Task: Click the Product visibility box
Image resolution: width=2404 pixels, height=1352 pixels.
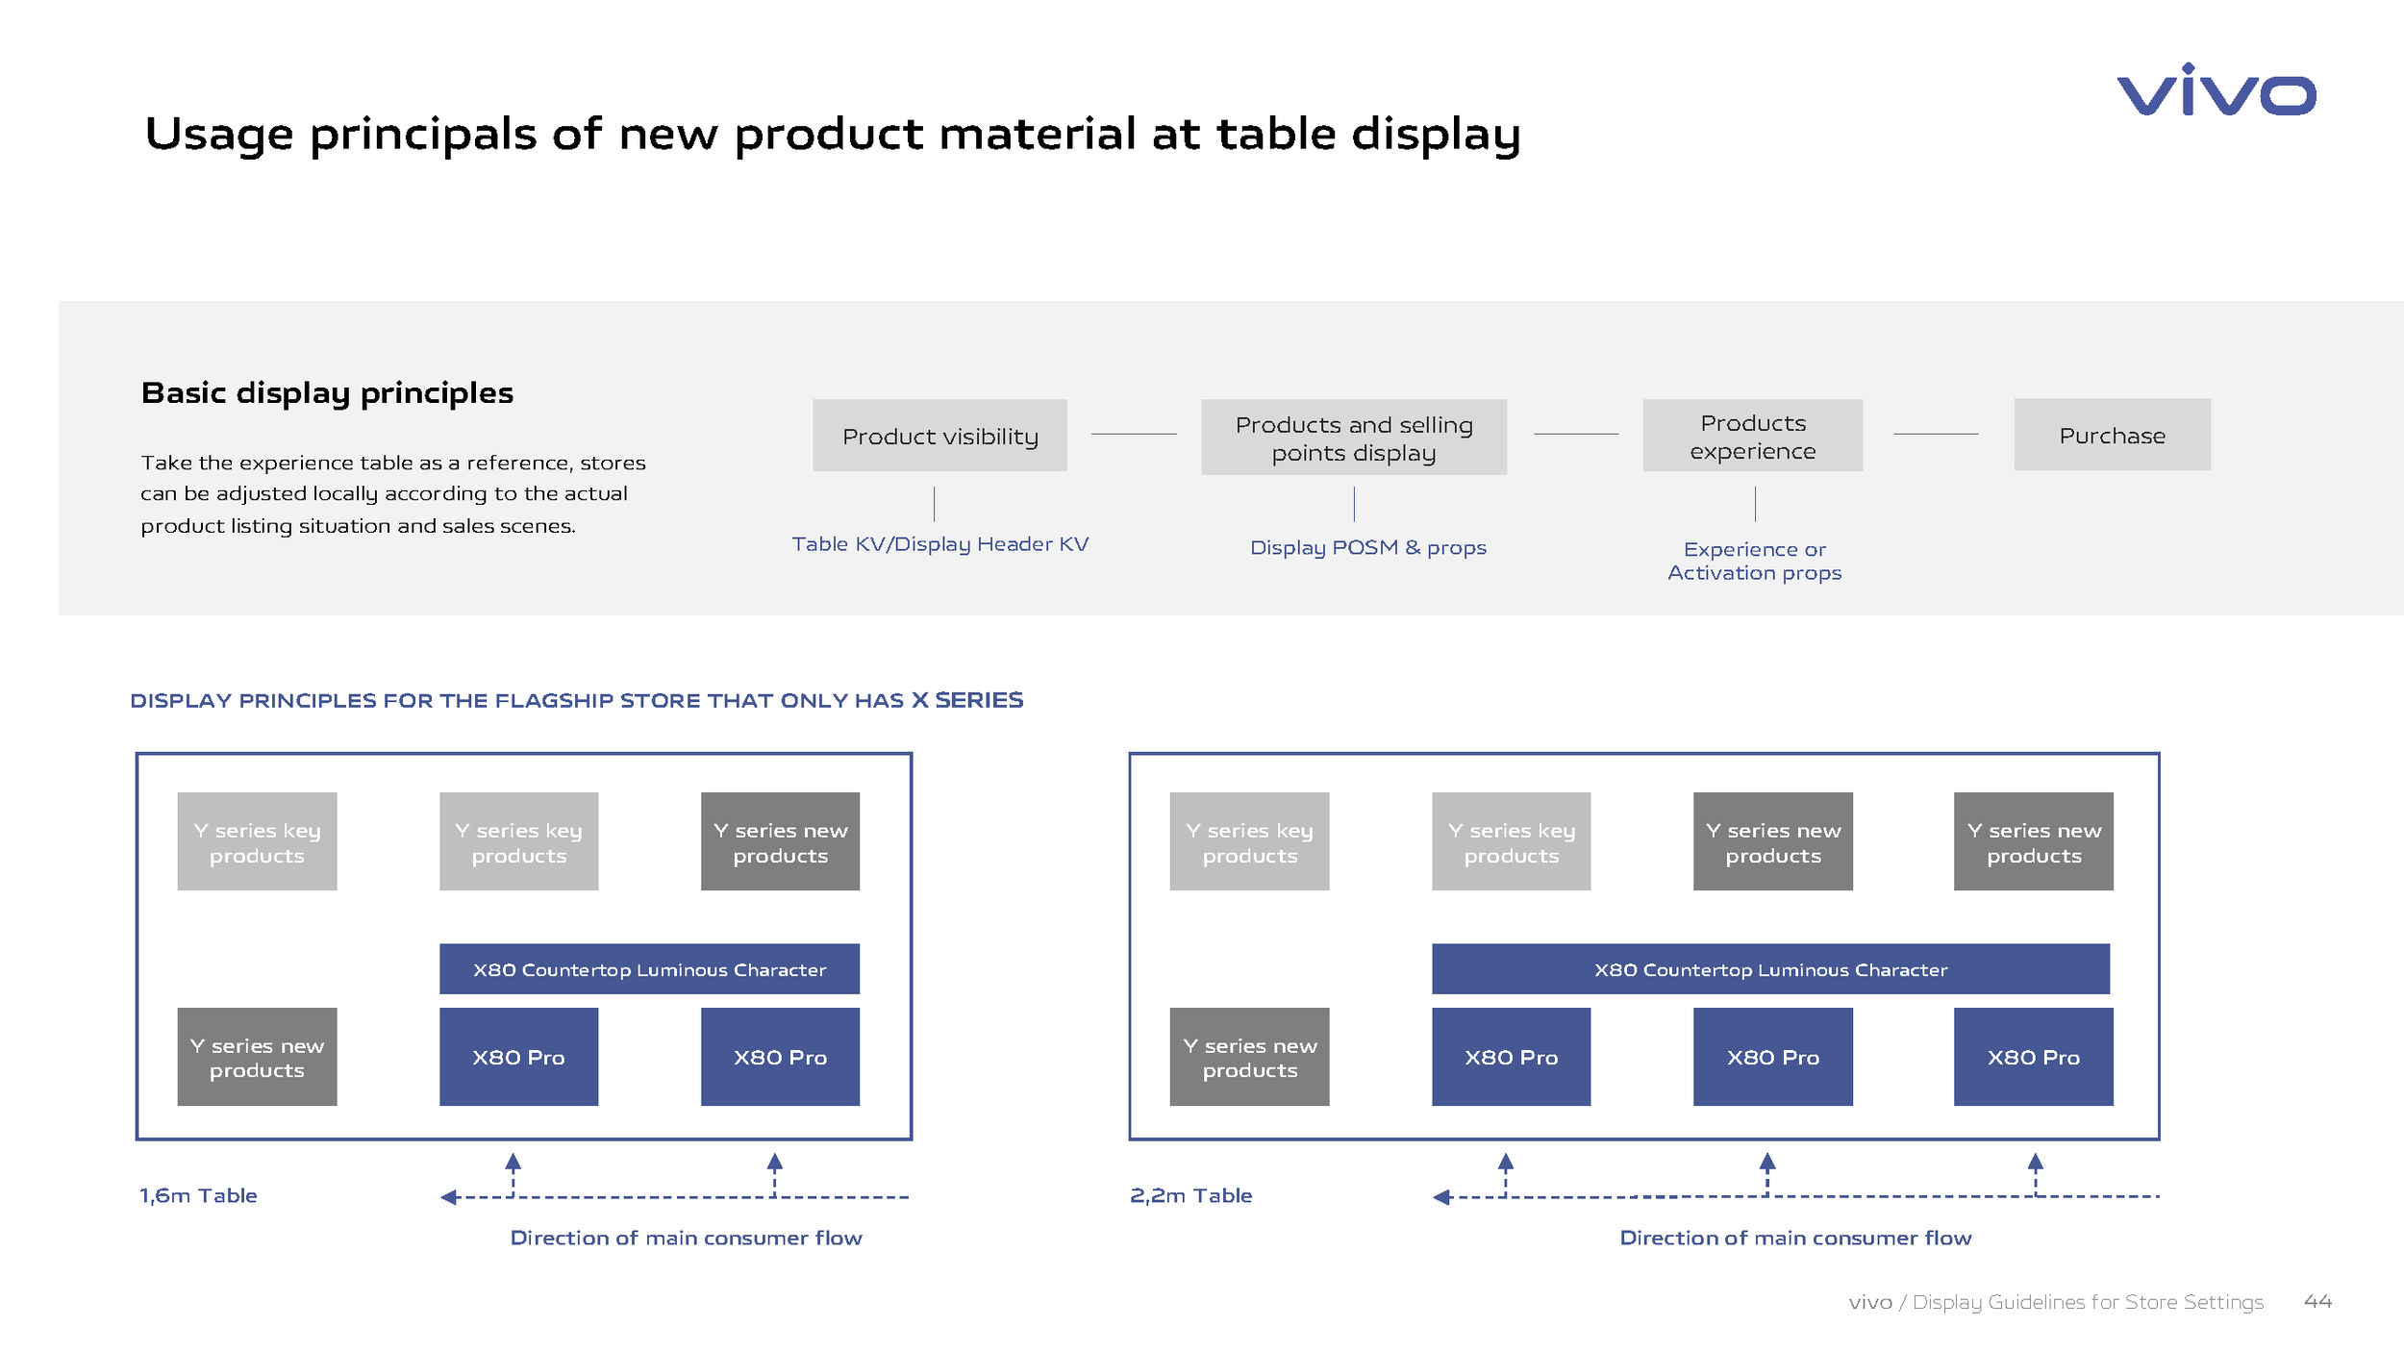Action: tap(939, 436)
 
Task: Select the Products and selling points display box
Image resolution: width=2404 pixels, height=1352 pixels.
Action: tap(1353, 438)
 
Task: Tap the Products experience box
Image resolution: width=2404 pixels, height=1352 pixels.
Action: tap(1752, 436)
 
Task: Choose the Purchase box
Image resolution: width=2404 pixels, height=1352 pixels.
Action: tap(2112, 435)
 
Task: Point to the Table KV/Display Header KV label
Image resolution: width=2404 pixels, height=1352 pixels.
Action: tap(939, 544)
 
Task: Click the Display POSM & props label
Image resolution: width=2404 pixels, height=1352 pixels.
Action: tap(1367, 547)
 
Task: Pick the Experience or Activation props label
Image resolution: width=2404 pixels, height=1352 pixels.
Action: tap(1754, 561)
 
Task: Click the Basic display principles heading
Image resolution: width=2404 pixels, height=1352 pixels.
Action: tap(327, 392)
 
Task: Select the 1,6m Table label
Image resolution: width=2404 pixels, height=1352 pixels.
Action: tap(198, 1195)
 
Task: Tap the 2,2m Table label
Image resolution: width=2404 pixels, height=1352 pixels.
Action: tap(1190, 1195)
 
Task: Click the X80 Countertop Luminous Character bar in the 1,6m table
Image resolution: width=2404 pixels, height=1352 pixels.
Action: tap(649, 969)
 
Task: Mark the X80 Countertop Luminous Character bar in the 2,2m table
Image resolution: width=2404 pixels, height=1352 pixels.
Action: tap(1769, 969)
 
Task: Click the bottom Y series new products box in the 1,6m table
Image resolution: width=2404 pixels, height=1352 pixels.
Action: tap(257, 1057)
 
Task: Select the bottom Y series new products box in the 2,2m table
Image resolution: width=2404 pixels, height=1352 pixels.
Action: tap(1249, 1057)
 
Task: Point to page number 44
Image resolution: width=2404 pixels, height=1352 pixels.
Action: tap(2317, 1301)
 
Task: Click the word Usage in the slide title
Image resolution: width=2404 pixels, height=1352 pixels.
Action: tap(218, 134)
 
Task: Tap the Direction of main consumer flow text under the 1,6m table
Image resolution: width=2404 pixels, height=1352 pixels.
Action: tap(686, 1238)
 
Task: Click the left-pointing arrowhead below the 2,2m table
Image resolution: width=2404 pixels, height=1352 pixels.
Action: tap(1440, 1197)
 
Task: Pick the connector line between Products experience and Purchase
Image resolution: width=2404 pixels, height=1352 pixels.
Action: tap(1935, 435)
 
